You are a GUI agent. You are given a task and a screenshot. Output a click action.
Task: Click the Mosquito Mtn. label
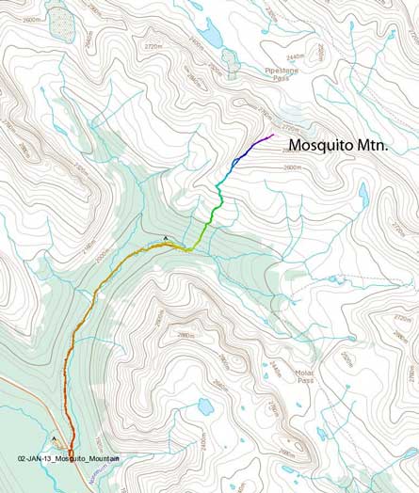tap(338, 145)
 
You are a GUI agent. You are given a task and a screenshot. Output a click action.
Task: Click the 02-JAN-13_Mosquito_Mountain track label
tap(69, 457)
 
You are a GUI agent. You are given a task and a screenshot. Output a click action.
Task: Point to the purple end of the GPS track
tap(271, 135)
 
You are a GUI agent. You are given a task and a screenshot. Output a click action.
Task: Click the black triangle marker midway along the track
tap(166, 238)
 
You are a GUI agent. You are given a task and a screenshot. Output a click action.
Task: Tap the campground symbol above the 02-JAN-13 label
tap(56, 440)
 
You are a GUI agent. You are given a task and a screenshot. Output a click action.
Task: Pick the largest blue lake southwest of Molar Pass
tap(204, 406)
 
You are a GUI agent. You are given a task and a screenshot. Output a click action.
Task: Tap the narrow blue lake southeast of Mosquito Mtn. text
tap(363, 194)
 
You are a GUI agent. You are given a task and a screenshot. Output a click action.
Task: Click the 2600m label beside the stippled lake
tap(31, 20)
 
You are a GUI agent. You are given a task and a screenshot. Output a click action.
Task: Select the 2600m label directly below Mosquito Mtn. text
tap(292, 167)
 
